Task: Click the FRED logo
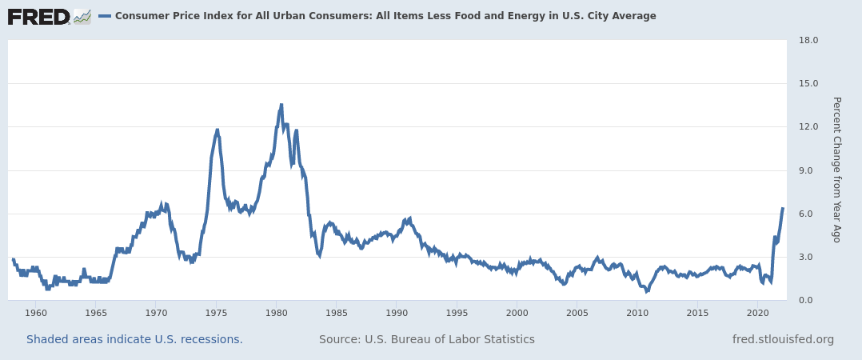(38, 17)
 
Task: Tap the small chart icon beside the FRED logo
(82, 16)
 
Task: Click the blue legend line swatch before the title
(105, 16)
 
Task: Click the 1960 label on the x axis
(36, 312)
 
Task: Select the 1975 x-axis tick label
(216, 312)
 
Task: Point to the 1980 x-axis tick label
(276, 312)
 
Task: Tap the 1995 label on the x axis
(457, 312)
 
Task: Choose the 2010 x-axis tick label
(637, 312)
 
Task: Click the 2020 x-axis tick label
(757, 312)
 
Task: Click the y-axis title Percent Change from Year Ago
(836, 170)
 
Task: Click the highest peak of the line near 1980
(281, 105)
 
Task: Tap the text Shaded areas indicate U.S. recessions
(134, 339)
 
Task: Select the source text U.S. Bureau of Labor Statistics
(427, 339)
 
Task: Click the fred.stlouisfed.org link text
(783, 339)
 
